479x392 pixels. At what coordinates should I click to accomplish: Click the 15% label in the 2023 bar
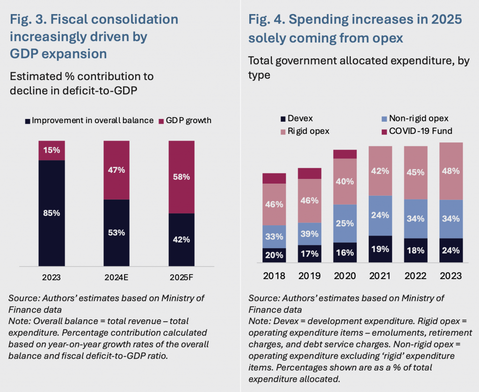coord(51,150)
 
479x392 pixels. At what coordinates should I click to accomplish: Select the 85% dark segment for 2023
coord(51,213)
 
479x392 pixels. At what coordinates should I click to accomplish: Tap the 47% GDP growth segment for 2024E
coord(116,170)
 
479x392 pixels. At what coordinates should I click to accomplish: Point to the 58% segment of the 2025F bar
coord(181,177)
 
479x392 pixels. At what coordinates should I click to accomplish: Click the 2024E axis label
coord(116,277)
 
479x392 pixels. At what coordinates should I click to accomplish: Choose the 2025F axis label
coord(181,277)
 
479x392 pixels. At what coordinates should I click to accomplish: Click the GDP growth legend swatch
coord(162,120)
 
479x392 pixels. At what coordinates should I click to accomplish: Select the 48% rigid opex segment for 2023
coord(451,171)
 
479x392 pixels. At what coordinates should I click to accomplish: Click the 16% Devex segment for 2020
coord(345,252)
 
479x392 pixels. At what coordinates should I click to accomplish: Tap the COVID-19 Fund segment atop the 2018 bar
coord(274,178)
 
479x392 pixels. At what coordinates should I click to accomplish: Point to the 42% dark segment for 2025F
coord(181,239)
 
